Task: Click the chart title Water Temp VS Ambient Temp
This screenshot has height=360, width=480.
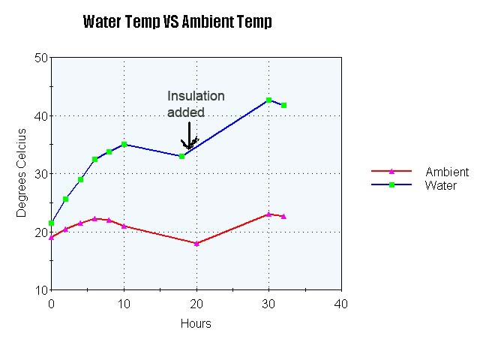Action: pyautogui.click(x=177, y=22)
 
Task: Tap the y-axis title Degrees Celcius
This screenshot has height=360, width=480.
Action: pyautogui.click(x=22, y=173)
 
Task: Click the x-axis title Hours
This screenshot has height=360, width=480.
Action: pyautogui.click(x=196, y=324)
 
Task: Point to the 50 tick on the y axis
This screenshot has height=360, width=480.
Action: pyautogui.click(x=41, y=58)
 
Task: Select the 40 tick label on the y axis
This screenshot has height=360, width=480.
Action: pyautogui.click(x=41, y=115)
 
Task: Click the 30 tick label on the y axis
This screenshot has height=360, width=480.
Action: pyautogui.click(x=41, y=174)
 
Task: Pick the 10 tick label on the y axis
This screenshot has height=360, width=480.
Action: pyautogui.click(x=41, y=290)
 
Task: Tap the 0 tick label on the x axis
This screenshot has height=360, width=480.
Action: pyautogui.click(x=51, y=303)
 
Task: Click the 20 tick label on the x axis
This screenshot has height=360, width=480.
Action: pyautogui.click(x=196, y=303)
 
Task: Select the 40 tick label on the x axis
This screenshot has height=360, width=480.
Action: pyautogui.click(x=341, y=303)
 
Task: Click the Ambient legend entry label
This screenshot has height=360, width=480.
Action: pyautogui.click(x=447, y=172)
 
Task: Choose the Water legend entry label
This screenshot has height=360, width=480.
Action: pyautogui.click(x=441, y=185)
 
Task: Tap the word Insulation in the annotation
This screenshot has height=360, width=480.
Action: pyautogui.click(x=196, y=96)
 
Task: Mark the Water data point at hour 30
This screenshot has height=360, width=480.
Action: pyautogui.click(x=268, y=100)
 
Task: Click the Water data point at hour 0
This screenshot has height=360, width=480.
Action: pyautogui.click(x=51, y=223)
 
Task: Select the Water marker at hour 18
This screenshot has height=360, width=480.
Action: pyautogui.click(x=181, y=156)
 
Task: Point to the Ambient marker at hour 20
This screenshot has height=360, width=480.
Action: pyautogui.click(x=196, y=243)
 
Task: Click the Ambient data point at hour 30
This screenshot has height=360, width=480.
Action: pyautogui.click(x=268, y=214)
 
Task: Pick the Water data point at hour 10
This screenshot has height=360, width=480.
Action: pyautogui.click(x=124, y=144)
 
